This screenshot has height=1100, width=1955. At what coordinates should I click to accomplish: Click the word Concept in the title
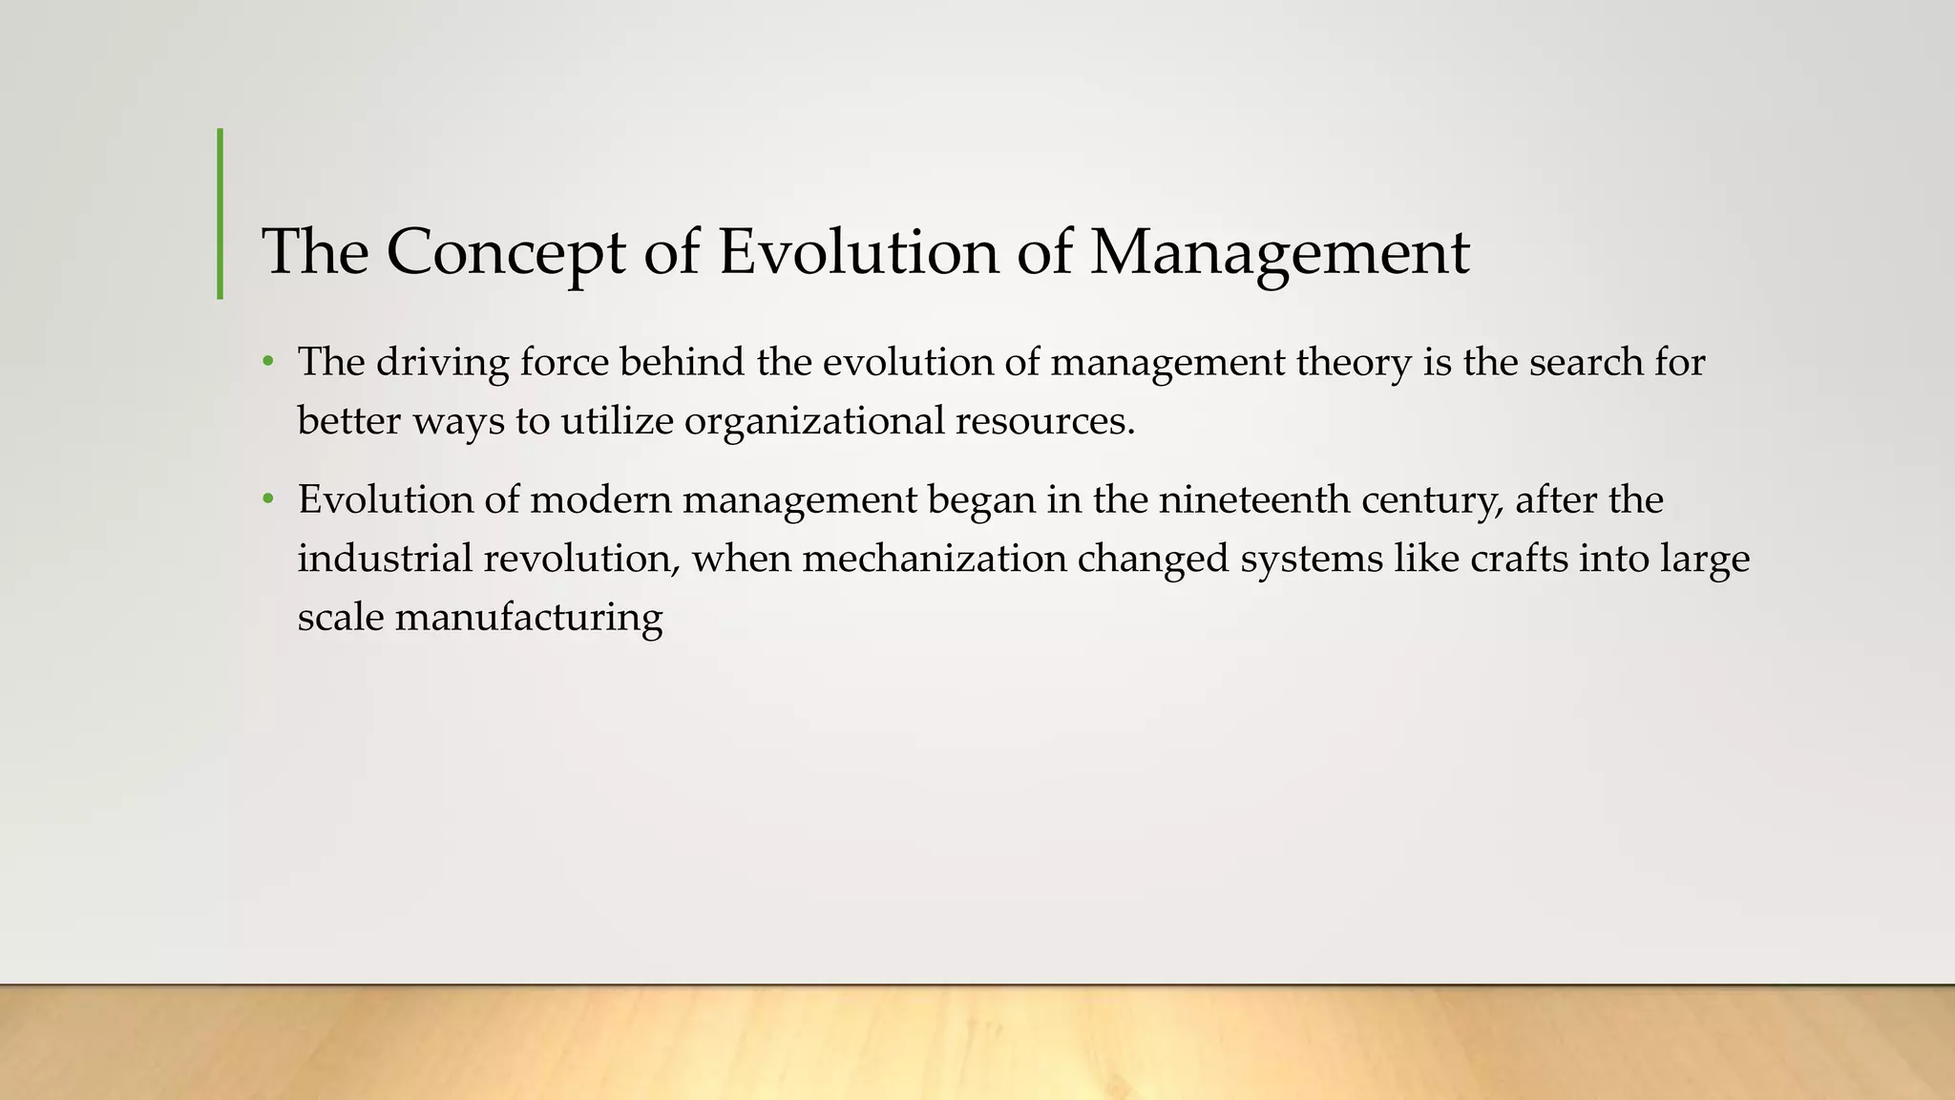[x=506, y=252]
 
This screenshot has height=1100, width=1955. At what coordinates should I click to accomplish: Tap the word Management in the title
[x=1279, y=252]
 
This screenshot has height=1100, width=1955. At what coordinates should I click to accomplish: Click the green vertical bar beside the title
[x=221, y=214]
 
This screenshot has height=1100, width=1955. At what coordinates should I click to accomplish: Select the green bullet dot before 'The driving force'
[x=269, y=363]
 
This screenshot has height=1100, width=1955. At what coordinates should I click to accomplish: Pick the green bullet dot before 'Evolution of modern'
[x=269, y=500]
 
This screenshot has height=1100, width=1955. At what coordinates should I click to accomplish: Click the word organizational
[x=814, y=421]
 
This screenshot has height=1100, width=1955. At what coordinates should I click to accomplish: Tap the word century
[x=1432, y=500]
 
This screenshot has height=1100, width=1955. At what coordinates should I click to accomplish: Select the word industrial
[x=385, y=559]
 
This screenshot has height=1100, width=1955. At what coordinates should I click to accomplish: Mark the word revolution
[x=582, y=559]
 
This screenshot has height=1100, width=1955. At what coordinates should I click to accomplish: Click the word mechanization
[x=934, y=559]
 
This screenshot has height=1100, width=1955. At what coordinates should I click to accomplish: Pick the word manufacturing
[x=529, y=618]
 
